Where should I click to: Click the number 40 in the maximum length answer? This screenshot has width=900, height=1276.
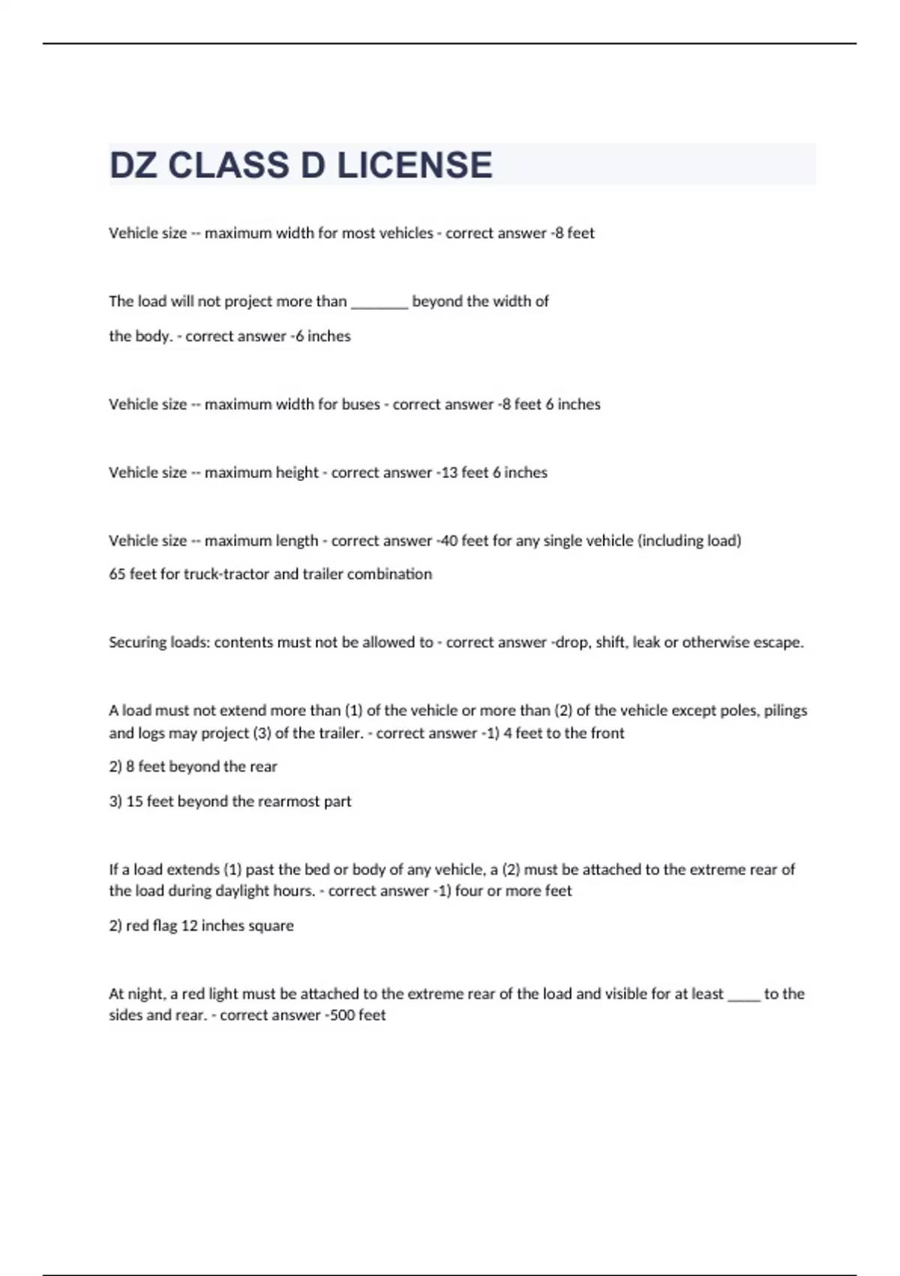coord(449,541)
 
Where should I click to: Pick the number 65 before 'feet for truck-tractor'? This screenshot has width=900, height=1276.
coord(117,574)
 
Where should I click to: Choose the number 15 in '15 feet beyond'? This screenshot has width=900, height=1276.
coord(134,802)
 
